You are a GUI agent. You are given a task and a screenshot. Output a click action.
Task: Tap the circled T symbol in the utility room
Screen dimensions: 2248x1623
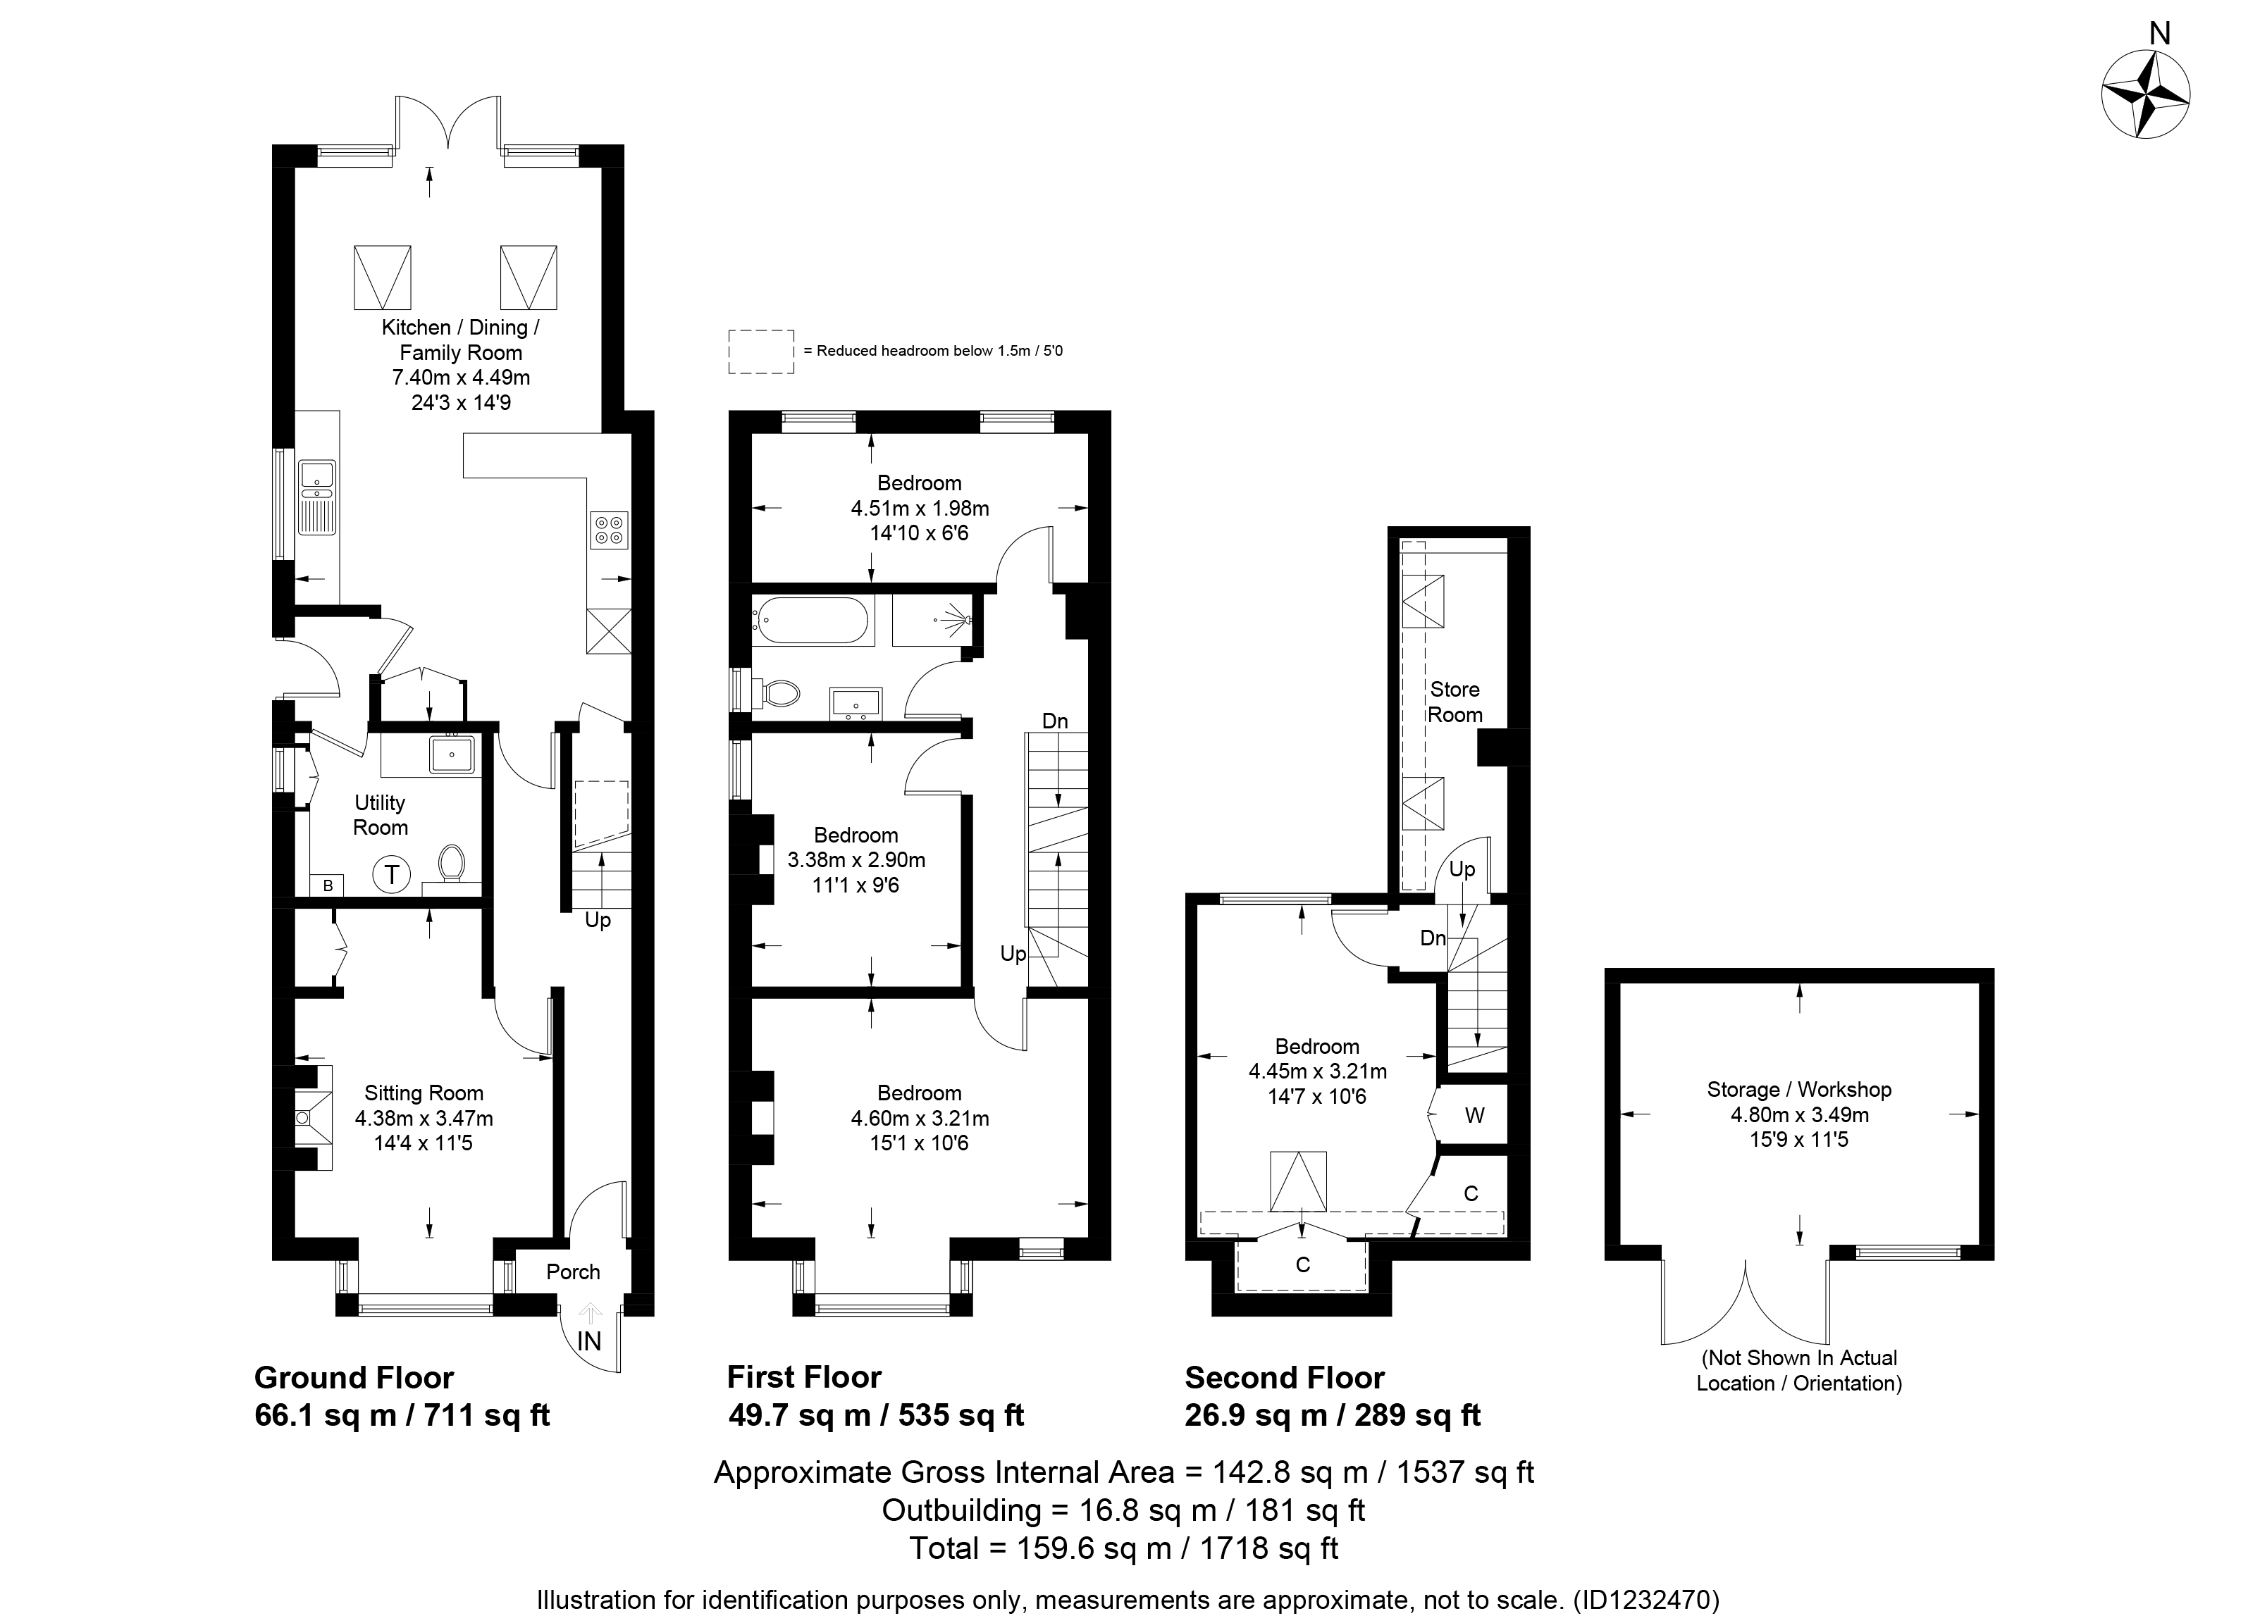393,875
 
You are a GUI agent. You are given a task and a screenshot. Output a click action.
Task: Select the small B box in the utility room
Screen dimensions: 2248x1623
327,885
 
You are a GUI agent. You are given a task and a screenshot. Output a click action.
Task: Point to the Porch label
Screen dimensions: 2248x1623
573,1271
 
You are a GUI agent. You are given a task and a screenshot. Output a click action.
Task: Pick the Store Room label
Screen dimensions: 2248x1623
1454,702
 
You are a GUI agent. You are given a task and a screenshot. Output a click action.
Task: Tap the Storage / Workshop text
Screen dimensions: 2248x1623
1799,1089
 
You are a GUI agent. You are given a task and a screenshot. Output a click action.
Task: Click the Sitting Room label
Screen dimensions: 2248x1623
424,1093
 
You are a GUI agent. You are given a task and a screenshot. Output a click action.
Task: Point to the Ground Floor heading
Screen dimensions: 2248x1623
354,1377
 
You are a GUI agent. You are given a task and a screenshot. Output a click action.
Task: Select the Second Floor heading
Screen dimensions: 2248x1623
1285,1377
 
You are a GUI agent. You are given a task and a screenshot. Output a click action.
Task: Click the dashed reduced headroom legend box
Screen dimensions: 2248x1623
761,352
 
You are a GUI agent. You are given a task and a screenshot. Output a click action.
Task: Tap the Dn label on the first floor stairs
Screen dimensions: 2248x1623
1055,721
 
